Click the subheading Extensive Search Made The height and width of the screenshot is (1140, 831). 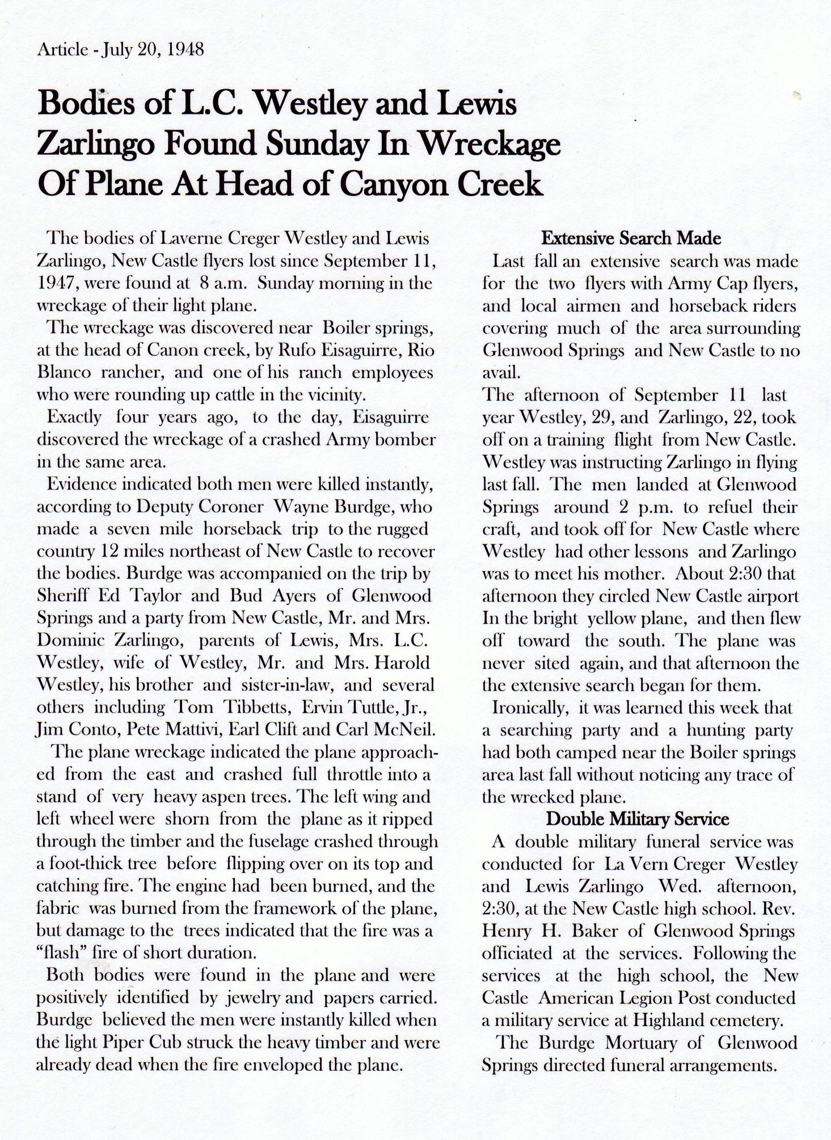[x=631, y=238]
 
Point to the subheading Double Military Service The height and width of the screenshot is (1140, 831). [x=638, y=819]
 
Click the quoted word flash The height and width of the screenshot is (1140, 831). [x=63, y=953]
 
